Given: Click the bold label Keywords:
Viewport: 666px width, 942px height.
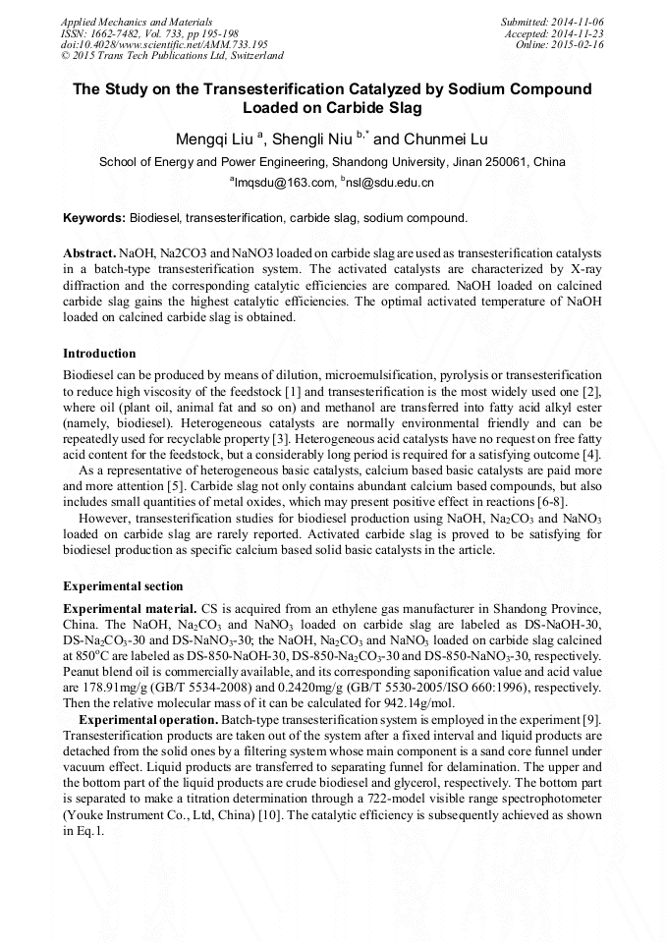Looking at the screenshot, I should pyautogui.click(x=94, y=217).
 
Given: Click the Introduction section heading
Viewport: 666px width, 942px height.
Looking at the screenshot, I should pyautogui.click(x=99, y=354).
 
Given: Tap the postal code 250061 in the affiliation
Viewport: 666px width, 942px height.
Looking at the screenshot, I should pyautogui.click(x=494, y=161).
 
